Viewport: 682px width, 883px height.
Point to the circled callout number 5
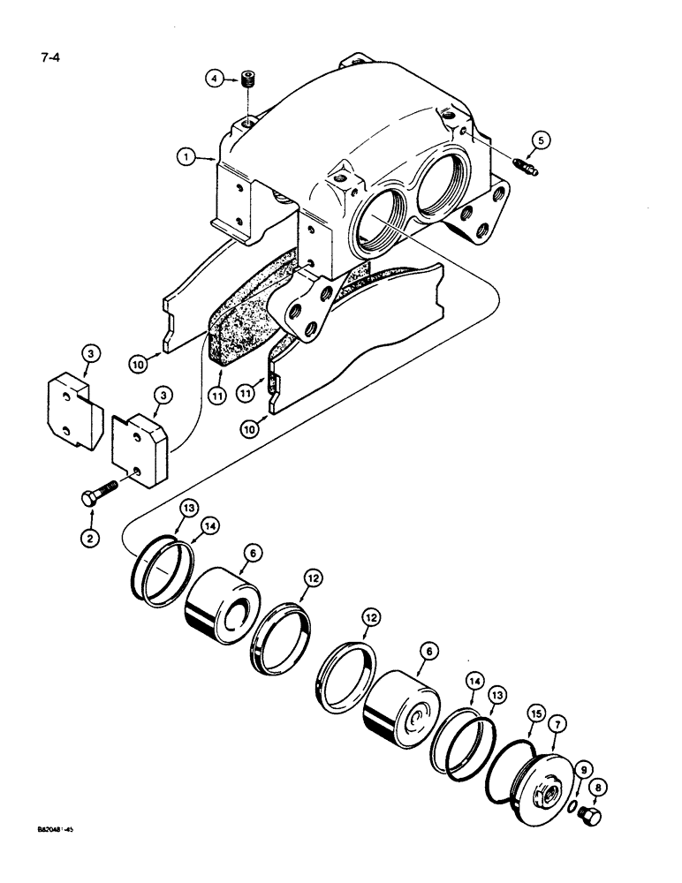(x=542, y=139)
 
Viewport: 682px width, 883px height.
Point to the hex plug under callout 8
(x=592, y=818)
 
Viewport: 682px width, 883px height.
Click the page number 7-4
(x=52, y=62)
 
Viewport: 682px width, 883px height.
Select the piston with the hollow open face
(x=221, y=609)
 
